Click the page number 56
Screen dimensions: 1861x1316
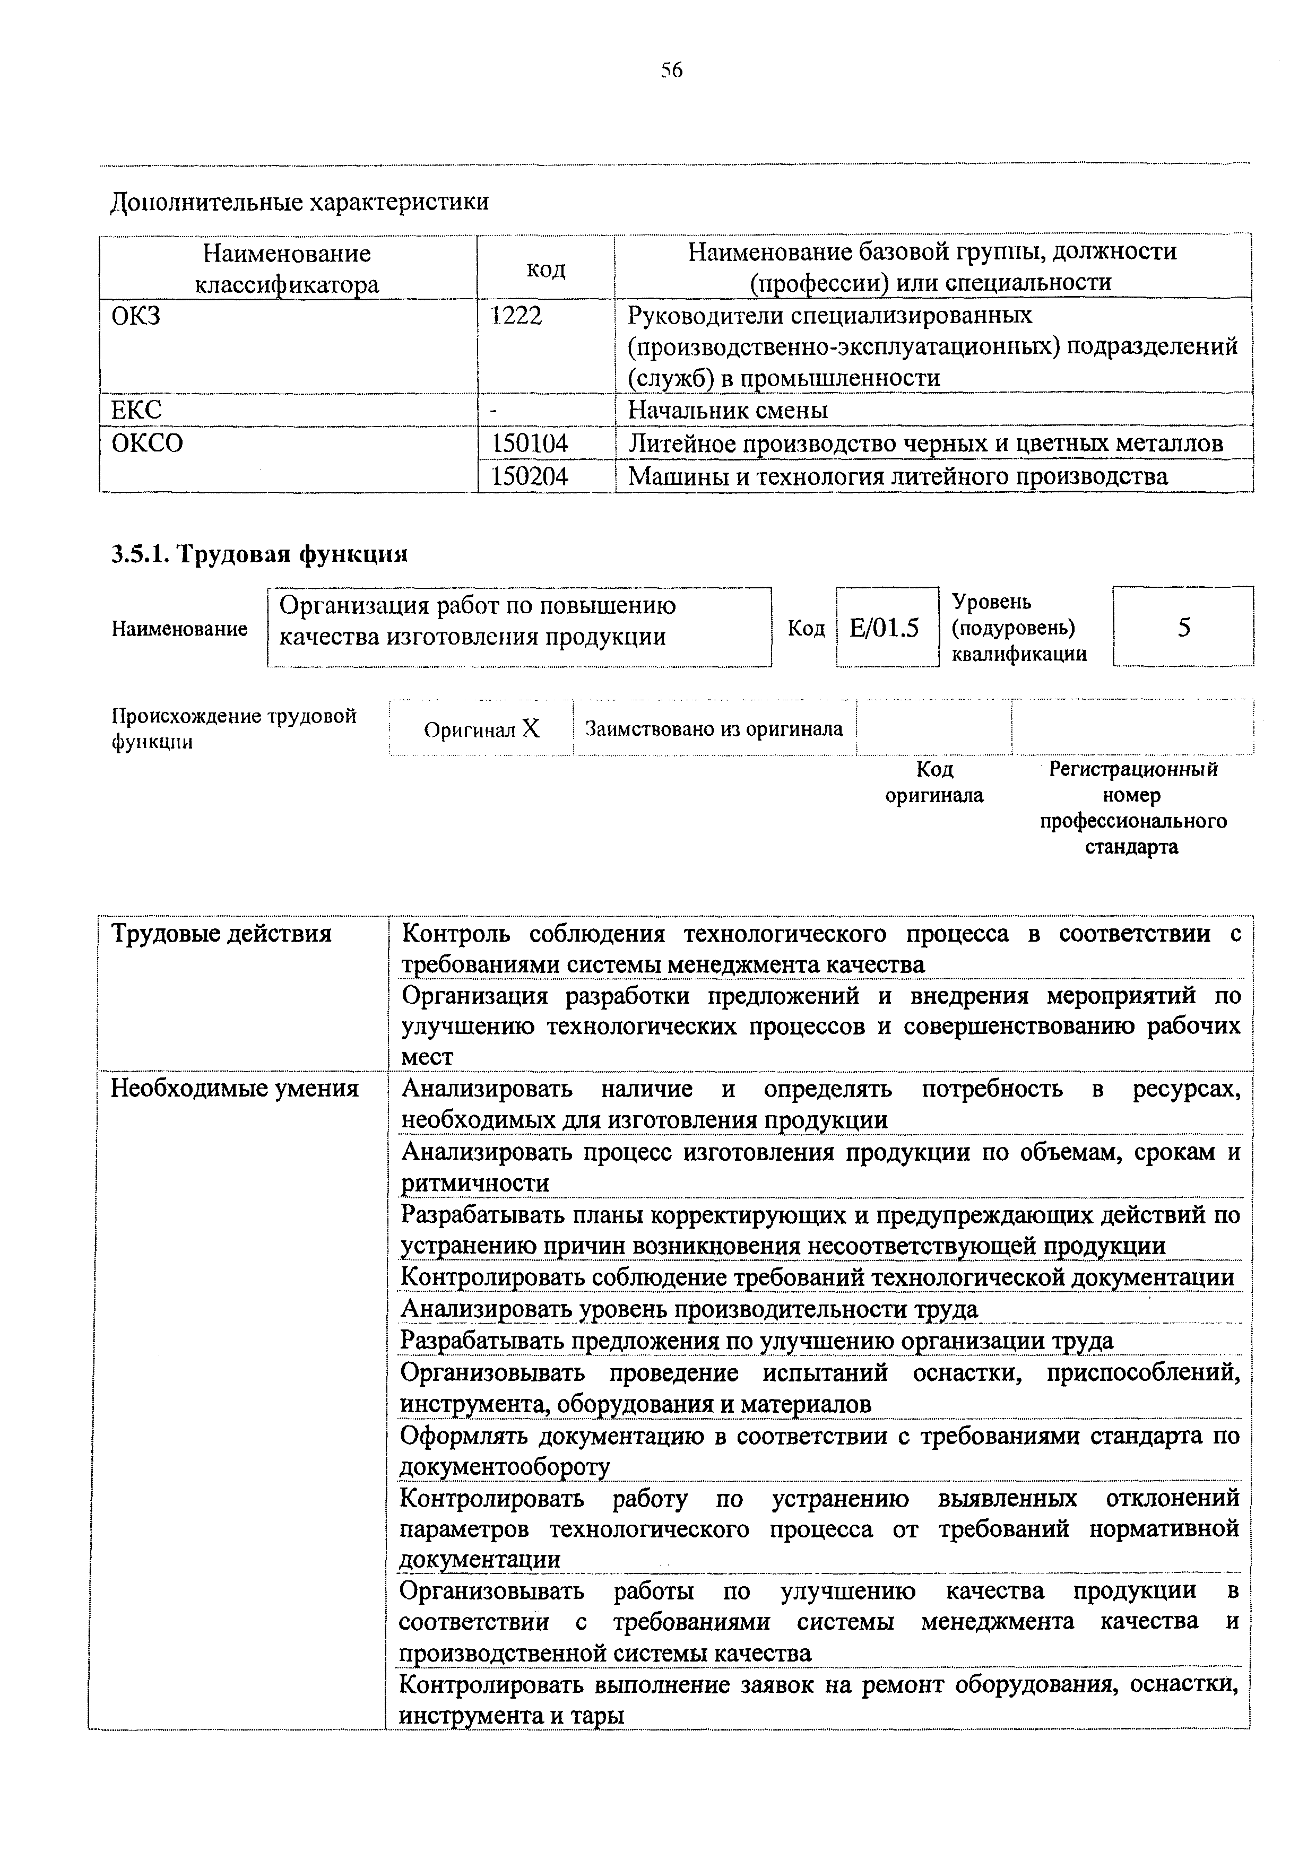671,71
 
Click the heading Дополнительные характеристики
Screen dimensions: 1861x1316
299,201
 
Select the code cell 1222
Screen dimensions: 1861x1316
516,315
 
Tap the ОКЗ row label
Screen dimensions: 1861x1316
135,315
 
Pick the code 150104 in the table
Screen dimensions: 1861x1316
530,443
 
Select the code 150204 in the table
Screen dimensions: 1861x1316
530,476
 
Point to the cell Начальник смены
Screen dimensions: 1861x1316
728,410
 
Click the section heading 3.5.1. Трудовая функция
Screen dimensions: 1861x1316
258,554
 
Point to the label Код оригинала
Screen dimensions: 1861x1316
934,781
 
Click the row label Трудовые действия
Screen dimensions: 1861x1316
221,934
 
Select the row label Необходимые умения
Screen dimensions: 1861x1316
235,1088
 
